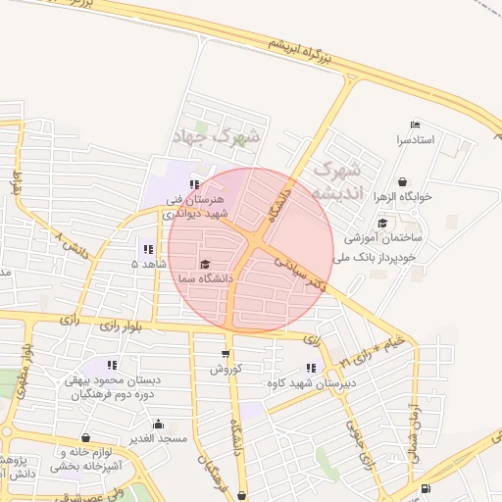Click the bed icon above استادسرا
pyautogui.click(x=414, y=125)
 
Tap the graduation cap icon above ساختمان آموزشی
pyautogui.click(x=381, y=223)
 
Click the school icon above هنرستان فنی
pyautogui.click(x=194, y=183)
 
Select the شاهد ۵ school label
pyautogui.click(x=149, y=265)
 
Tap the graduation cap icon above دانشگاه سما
pyautogui.click(x=205, y=264)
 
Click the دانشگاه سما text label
pyautogui.click(x=201, y=279)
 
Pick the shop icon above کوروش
pyautogui.click(x=226, y=354)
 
